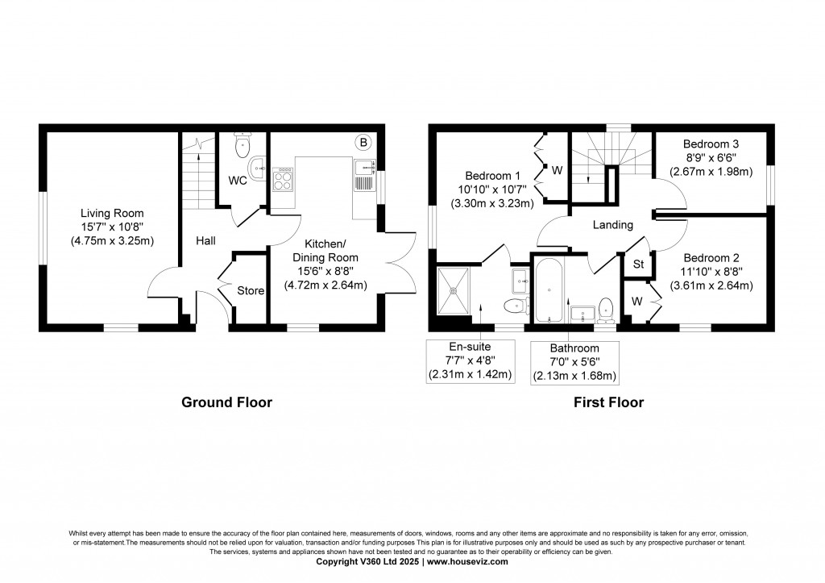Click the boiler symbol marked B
[x=363, y=143]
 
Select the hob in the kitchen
[x=284, y=179]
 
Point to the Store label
[x=250, y=290]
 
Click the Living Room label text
[x=112, y=213]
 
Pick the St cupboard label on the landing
[x=638, y=264]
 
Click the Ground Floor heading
[x=226, y=402]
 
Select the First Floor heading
[x=608, y=402]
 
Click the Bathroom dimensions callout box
[x=575, y=362]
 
